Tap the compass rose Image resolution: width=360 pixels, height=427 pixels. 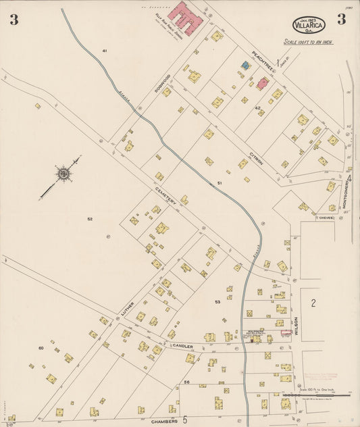63,174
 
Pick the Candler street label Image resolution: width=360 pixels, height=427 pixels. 183,346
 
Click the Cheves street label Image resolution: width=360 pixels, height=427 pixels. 327,218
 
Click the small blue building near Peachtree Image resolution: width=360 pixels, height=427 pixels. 246,66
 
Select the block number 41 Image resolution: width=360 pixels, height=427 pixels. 105,51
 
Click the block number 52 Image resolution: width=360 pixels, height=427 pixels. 89,220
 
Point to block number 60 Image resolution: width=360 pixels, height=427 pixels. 41,348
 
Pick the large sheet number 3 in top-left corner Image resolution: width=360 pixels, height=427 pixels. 14,20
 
